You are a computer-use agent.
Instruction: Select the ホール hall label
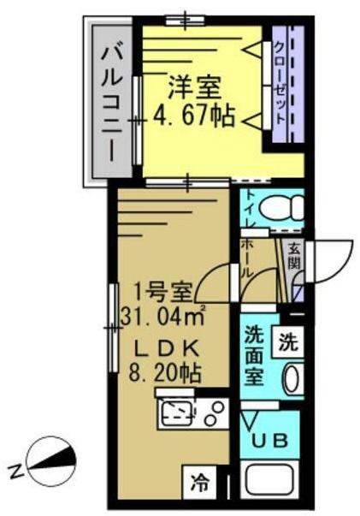247,258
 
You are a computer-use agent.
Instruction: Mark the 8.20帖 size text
166,374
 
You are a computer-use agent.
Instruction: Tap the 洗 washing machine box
288,343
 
